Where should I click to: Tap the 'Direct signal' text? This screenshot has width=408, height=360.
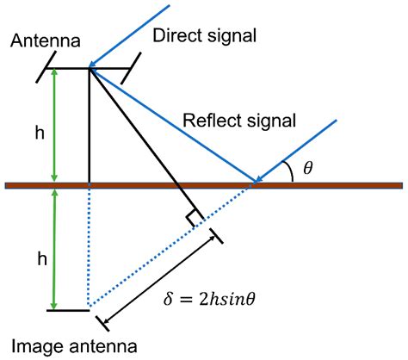tap(205, 36)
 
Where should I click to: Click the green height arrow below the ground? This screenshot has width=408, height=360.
tap(55, 250)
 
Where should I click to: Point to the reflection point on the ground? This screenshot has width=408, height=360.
tap(257, 183)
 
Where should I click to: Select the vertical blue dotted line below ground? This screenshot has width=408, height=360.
tap(90, 250)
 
